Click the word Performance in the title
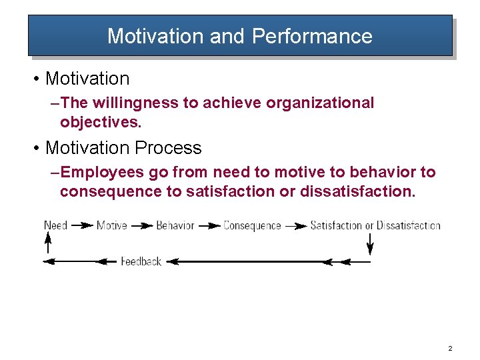pos(312,36)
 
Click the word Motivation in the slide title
pos(155,36)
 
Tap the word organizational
pos(320,103)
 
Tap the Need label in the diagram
pos(55,225)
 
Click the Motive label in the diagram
pos(112,225)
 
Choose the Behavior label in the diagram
pos(175,225)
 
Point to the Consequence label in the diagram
pos(252,225)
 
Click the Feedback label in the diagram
pos(141,261)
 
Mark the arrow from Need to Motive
pos(82,225)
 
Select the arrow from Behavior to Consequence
pos(209,225)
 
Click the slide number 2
pos(451,349)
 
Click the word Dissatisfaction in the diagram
pos(408,225)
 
